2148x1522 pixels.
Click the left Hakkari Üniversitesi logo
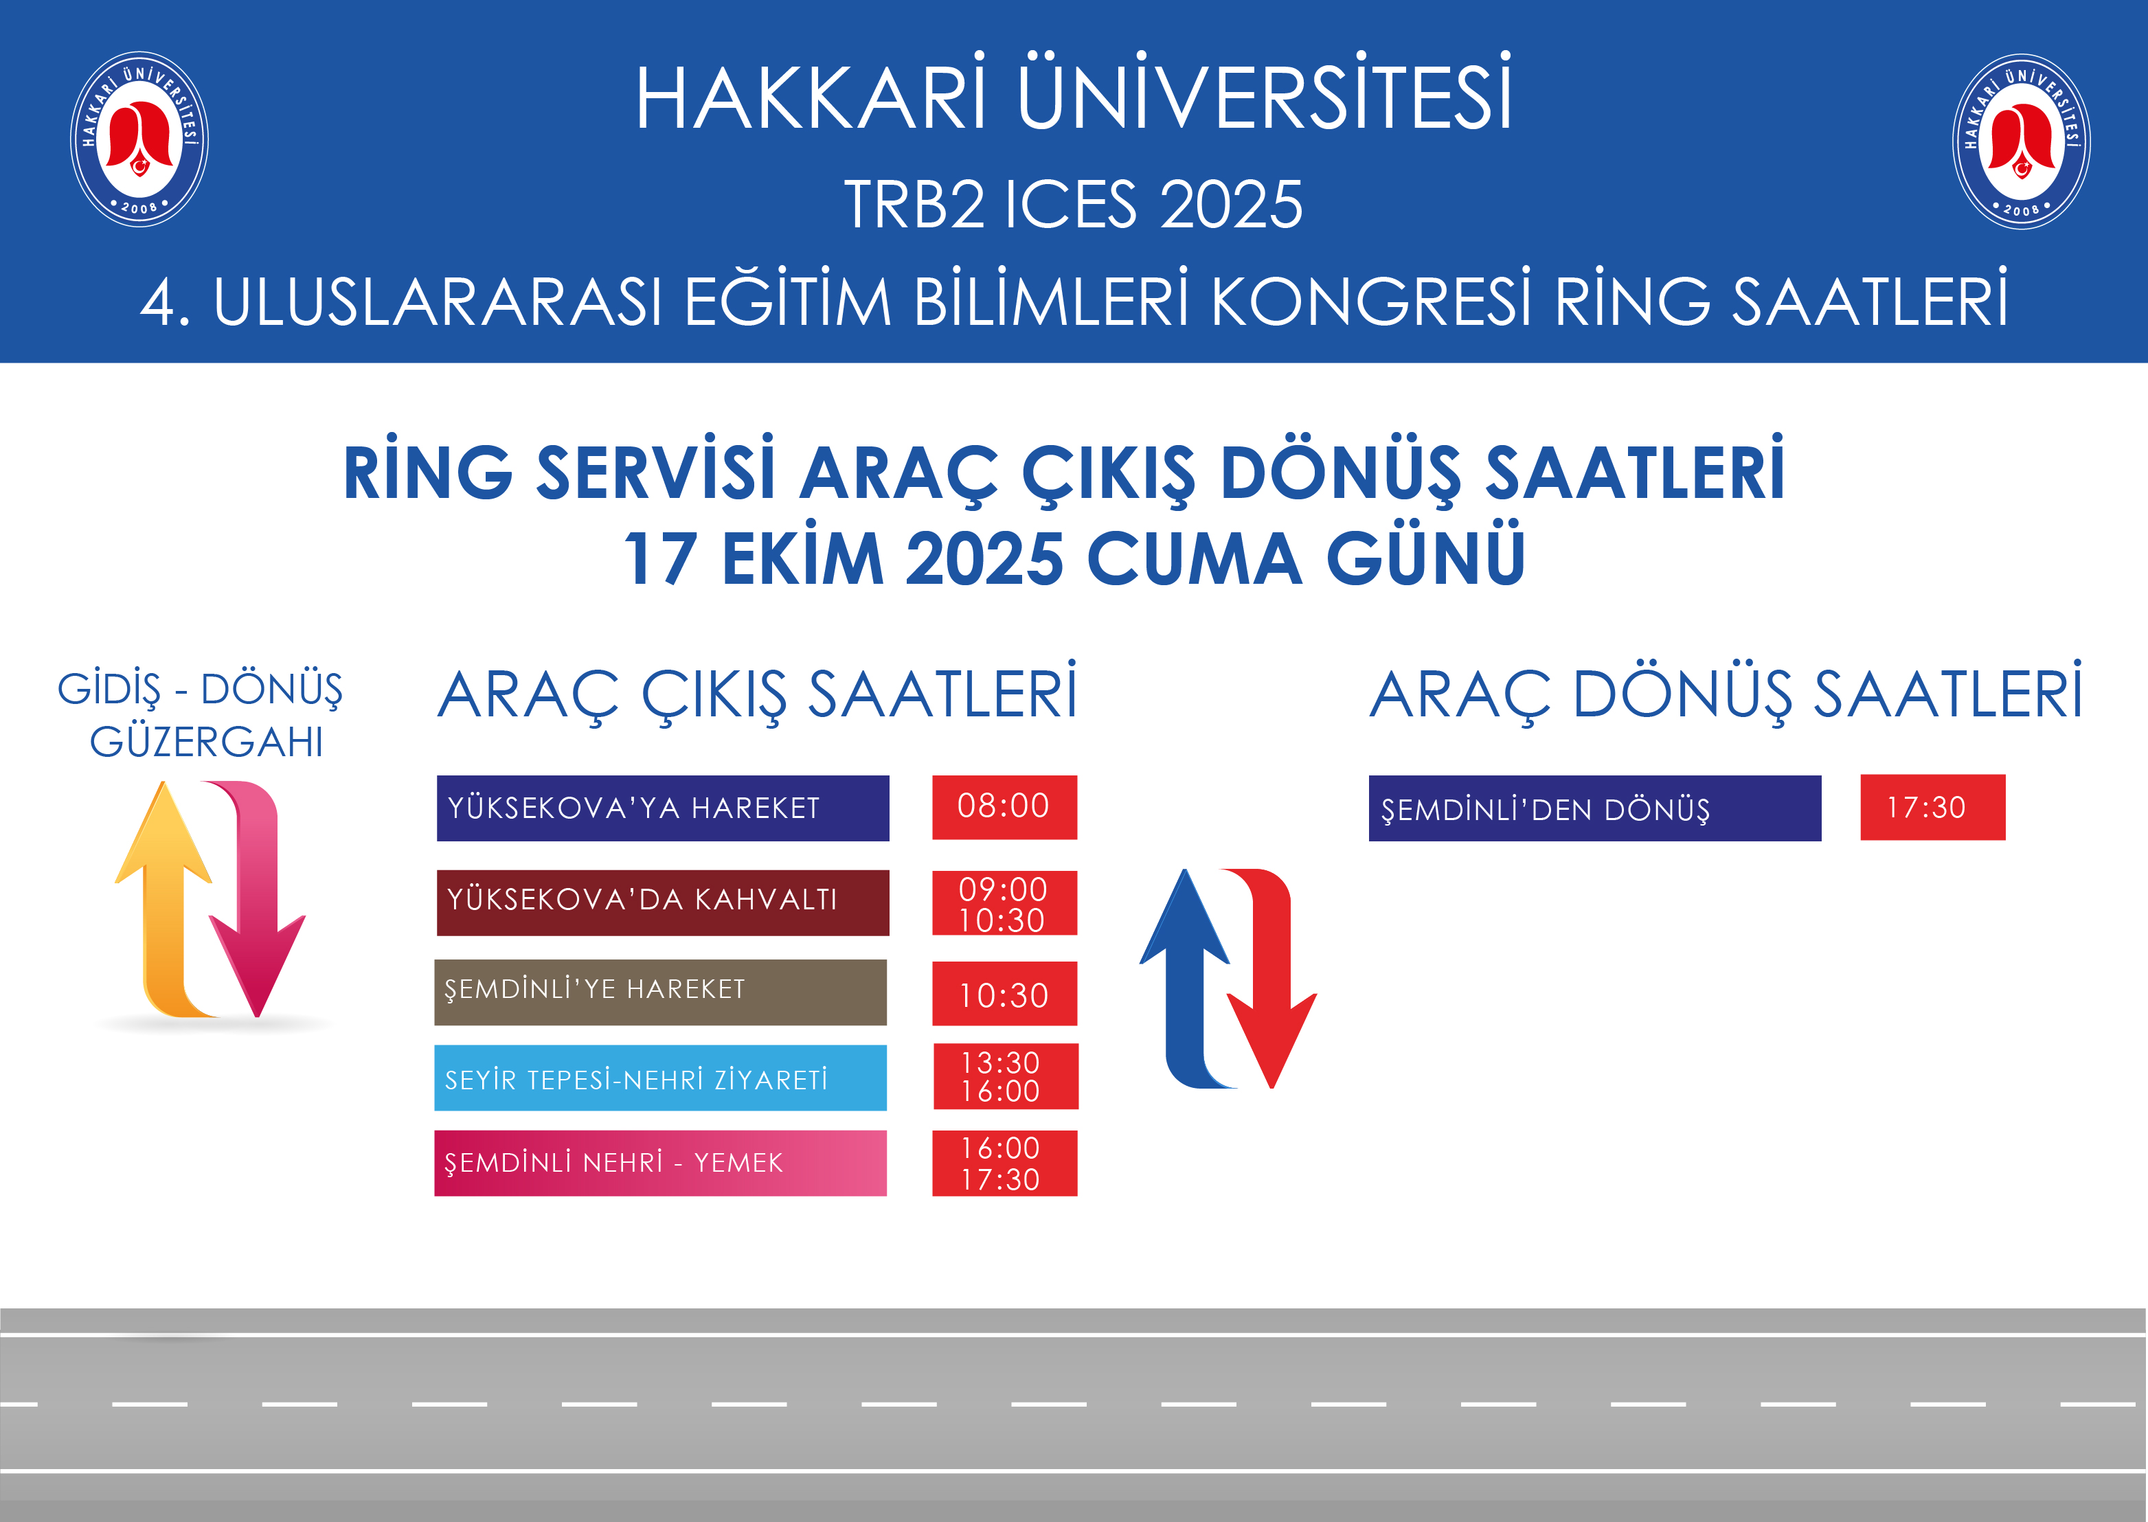pos(139,139)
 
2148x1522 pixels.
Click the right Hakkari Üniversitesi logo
pos(2022,141)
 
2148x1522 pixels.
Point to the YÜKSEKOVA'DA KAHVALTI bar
pos(663,902)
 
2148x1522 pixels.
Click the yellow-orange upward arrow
pos(164,900)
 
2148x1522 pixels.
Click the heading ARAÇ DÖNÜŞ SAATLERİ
pos(1726,694)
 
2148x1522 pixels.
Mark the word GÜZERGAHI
pos(206,742)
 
